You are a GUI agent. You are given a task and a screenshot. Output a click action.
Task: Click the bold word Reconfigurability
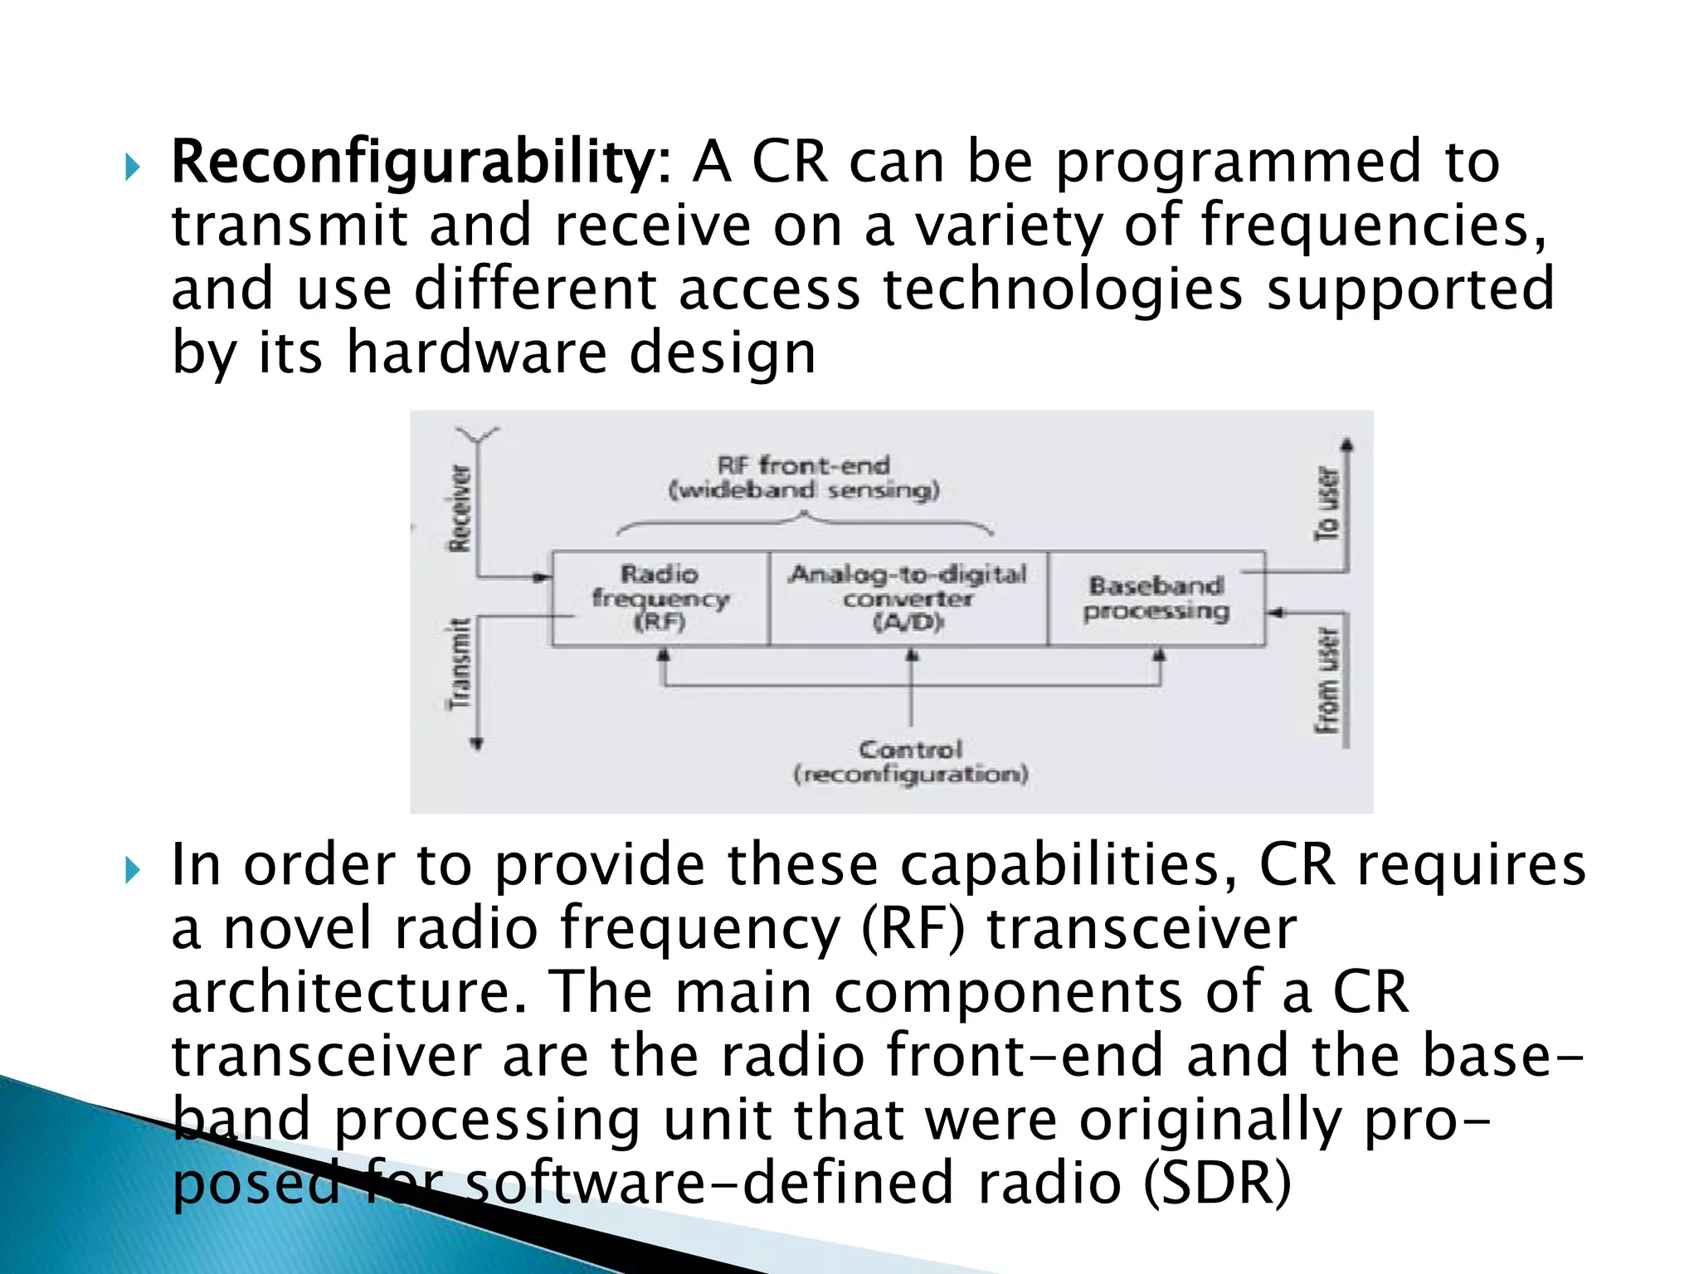413,163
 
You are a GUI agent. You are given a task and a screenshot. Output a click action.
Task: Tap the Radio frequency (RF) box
660,597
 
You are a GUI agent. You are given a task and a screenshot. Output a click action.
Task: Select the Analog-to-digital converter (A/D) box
908,597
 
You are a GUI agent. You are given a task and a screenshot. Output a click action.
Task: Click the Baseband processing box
1156,598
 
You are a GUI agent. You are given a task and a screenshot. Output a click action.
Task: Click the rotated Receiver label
459,508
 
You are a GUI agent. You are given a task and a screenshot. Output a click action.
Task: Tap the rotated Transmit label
459,664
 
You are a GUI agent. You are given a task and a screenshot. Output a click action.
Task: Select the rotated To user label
1327,503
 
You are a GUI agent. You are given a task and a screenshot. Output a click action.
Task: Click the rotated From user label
1327,680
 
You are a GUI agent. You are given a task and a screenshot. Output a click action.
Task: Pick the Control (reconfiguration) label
910,761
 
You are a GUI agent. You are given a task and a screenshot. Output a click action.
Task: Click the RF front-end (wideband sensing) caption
804,478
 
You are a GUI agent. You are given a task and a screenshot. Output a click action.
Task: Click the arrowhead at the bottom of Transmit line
477,744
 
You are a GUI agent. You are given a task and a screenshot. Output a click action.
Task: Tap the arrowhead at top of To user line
1347,445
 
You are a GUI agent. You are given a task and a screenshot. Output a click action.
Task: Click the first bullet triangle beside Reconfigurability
133,168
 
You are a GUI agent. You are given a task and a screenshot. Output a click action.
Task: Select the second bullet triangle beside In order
133,871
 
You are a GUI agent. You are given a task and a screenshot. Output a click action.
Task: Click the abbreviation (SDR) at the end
1217,1184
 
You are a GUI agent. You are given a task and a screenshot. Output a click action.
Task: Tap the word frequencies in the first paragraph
1373,226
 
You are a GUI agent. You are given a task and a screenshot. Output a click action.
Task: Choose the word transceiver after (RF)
1141,929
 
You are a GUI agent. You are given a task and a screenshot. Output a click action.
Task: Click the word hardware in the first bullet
476,353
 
